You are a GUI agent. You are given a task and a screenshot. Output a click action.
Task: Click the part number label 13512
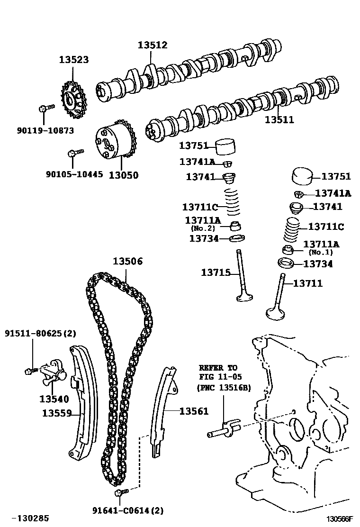[x=153, y=45]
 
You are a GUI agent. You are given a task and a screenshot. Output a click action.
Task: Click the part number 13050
[x=124, y=175]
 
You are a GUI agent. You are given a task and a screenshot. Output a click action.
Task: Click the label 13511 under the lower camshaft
[x=279, y=120]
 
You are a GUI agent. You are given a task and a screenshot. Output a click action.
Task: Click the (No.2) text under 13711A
[x=203, y=228]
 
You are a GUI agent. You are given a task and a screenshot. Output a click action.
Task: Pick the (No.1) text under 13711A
[x=321, y=252]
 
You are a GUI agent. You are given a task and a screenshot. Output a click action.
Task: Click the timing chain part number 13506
[x=127, y=262]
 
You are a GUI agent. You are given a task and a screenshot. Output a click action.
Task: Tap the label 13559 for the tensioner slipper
[x=56, y=413]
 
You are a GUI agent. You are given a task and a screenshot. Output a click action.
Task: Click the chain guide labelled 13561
[x=164, y=408]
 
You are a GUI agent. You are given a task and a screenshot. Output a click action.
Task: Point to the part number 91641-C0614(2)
[x=128, y=510]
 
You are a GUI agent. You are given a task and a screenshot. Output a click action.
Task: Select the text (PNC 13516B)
[x=224, y=387]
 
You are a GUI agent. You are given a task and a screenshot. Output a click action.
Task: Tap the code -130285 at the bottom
[x=30, y=518]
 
